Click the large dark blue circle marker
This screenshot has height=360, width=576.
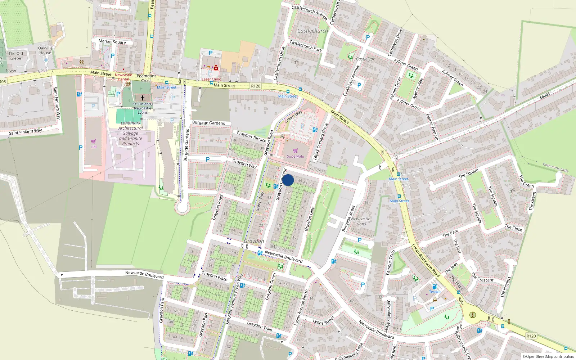click(x=288, y=180)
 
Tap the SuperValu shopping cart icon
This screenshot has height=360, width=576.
click(x=296, y=150)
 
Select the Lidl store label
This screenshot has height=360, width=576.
click(x=94, y=147)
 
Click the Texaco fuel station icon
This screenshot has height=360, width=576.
click(x=435, y=287)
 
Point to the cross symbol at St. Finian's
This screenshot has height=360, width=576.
click(x=143, y=98)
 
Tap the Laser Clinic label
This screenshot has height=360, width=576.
click(x=211, y=79)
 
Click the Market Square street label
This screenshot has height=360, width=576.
click(x=112, y=42)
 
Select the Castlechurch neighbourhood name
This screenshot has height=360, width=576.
click(x=312, y=31)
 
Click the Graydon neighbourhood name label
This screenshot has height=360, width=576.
click(x=254, y=241)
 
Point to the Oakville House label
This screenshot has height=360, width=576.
click(x=45, y=50)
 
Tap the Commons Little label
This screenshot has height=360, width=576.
click(x=555, y=167)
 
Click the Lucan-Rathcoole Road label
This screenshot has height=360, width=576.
click(x=426, y=260)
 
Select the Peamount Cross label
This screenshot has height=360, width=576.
click(x=146, y=78)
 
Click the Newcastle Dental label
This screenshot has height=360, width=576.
click(x=123, y=77)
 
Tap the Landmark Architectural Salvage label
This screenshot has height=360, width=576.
click(x=130, y=133)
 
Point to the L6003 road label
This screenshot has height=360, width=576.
click(x=545, y=95)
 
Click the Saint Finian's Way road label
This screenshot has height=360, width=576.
click(x=26, y=131)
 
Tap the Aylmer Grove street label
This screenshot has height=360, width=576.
click(x=409, y=104)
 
